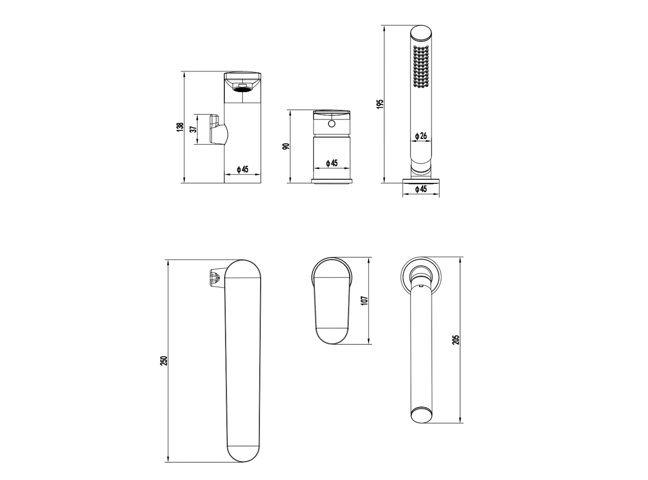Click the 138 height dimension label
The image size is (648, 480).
point(180,127)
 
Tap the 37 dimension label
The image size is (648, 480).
point(193,129)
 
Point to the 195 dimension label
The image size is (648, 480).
point(380,104)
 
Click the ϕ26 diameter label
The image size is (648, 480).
point(421,136)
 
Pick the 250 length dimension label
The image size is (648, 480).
point(164,361)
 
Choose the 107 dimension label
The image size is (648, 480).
point(364,301)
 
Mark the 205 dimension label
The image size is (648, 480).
point(456,339)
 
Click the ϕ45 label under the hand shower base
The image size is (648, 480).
point(421,189)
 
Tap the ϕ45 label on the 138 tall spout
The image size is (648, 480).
point(242,169)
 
